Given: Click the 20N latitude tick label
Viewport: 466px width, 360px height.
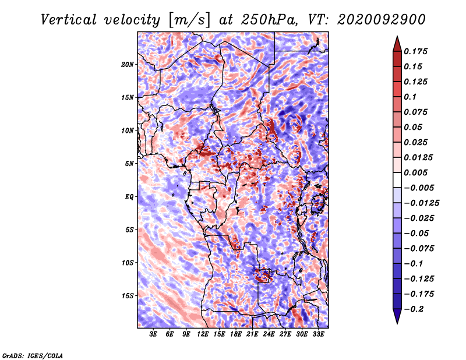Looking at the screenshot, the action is tap(127, 65).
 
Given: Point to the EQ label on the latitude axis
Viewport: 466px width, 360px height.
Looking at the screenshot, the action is tap(129, 197).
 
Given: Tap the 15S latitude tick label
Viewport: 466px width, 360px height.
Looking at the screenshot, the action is tap(127, 296).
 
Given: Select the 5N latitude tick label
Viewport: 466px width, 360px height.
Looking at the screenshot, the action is tap(129, 164).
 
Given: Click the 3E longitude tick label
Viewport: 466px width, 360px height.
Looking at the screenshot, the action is tap(153, 334).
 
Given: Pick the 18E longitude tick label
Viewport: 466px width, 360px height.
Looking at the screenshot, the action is tap(236, 334).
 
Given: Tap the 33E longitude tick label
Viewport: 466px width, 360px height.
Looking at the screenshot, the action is tap(318, 334).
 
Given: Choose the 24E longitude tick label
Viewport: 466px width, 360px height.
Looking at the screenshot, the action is tap(269, 334).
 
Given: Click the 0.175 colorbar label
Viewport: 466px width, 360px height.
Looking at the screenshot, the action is tap(415, 51).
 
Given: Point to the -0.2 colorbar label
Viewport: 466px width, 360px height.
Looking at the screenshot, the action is tap(414, 309).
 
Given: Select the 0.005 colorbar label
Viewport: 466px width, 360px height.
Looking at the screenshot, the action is tap(415, 172).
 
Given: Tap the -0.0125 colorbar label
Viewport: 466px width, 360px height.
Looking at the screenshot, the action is tap(421, 203).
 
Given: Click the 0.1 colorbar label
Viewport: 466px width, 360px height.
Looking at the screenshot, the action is tap(410, 97).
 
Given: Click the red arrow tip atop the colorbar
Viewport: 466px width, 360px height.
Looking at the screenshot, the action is tap(397, 36).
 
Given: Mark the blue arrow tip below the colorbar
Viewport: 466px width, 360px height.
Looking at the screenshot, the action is tap(397, 323).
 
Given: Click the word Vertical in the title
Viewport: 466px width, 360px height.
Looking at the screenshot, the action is tap(69, 20).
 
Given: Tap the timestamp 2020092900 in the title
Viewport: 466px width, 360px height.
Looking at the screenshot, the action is tap(382, 20).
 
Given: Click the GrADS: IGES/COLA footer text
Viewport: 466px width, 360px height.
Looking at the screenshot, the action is tap(33, 355).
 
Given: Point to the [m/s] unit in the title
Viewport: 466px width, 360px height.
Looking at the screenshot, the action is tap(189, 20).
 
